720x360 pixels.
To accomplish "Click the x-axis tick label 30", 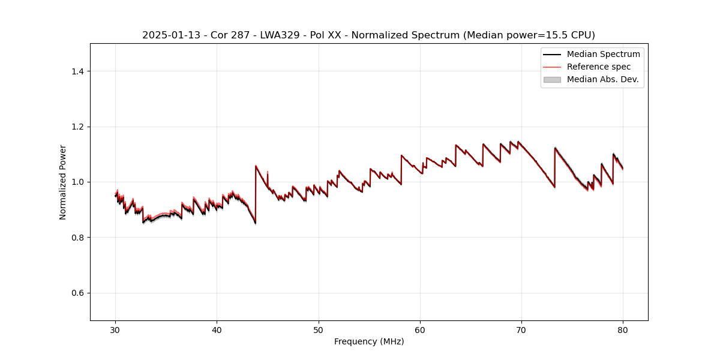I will (x=116, y=329).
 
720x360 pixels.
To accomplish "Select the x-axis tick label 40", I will (x=217, y=329).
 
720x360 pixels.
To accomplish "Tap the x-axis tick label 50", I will (x=319, y=329).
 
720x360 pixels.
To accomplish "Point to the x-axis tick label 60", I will (x=420, y=329).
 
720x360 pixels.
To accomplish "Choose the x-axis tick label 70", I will (x=521, y=329).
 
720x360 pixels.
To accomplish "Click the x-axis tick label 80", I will (x=623, y=329).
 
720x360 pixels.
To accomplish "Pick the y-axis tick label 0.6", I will (x=77, y=293).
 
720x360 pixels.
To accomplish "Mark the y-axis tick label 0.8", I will (x=77, y=238).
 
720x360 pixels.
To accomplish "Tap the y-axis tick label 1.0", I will (x=77, y=182).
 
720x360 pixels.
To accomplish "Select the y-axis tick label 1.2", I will (x=77, y=127).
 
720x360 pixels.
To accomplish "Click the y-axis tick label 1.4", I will (x=77, y=71).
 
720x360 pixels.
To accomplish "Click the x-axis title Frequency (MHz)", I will (x=369, y=341).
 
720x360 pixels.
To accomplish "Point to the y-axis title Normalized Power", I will (x=63, y=182).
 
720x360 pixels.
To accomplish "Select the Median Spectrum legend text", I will (x=603, y=54).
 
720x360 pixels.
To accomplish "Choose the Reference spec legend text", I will (x=598, y=67).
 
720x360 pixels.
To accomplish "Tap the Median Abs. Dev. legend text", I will (x=602, y=79).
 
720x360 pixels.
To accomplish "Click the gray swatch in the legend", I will (x=552, y=79).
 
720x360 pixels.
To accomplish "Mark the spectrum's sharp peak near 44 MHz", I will (x=256, y=166).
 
